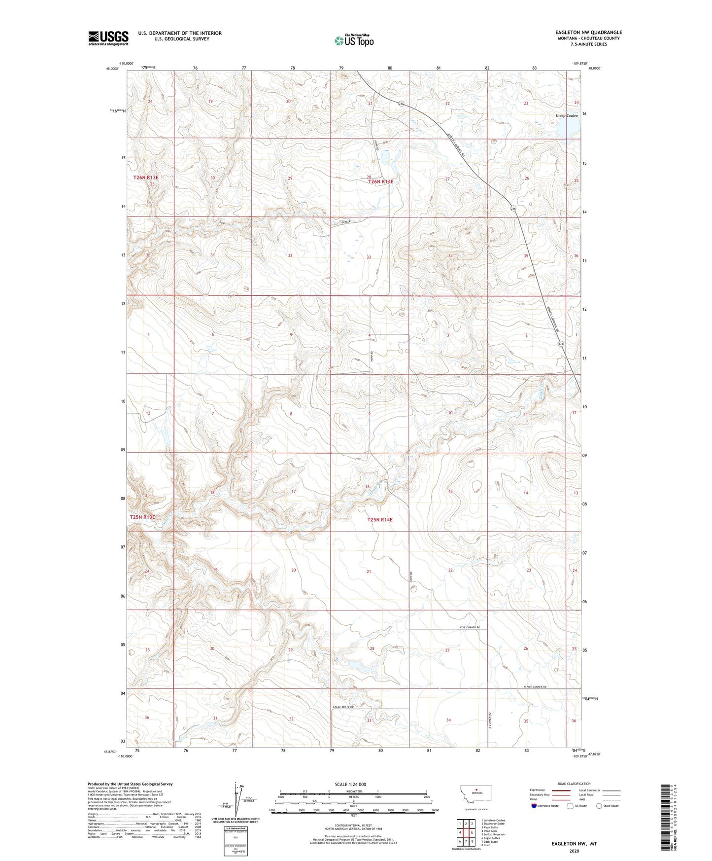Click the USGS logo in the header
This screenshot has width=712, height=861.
coord(108,38)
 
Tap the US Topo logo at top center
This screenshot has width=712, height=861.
coord(354,40)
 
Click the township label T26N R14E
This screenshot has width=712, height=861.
coord(381,181)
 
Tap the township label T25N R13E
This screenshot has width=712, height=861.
coord(142,517)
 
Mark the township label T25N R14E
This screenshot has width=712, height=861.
coord(380,519)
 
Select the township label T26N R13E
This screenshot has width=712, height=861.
coord(146,177)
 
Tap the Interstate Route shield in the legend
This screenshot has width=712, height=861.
coord(535,806)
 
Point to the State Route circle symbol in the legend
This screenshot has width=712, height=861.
coord(599,806)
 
